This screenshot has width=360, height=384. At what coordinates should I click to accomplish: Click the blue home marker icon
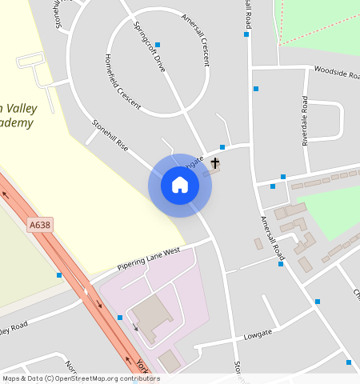(x=180, y=186)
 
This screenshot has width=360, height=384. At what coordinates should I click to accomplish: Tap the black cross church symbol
(x=214, y=164)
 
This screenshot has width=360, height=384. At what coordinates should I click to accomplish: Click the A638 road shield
(x=39, y=226)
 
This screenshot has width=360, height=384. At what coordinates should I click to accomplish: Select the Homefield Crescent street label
(x=122, y=82)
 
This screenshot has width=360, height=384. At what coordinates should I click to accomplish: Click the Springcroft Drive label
(x=150, y=46)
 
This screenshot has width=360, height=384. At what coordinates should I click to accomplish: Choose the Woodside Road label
(x=337, y=73)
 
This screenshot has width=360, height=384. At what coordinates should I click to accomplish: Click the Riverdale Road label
(x=305, y=121)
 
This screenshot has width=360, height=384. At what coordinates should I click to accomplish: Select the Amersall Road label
(x=273, y=235)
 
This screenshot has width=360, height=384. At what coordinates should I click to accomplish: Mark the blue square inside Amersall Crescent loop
(x=158, y=45)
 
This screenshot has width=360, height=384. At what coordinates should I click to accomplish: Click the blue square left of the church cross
(x=222, y=147)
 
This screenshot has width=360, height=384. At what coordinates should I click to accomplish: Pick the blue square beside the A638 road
(x=59, y=275)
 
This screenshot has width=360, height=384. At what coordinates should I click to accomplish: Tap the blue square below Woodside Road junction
(x=256, y=88)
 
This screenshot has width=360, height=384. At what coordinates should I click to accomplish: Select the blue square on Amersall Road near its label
(x=281, y=264)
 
